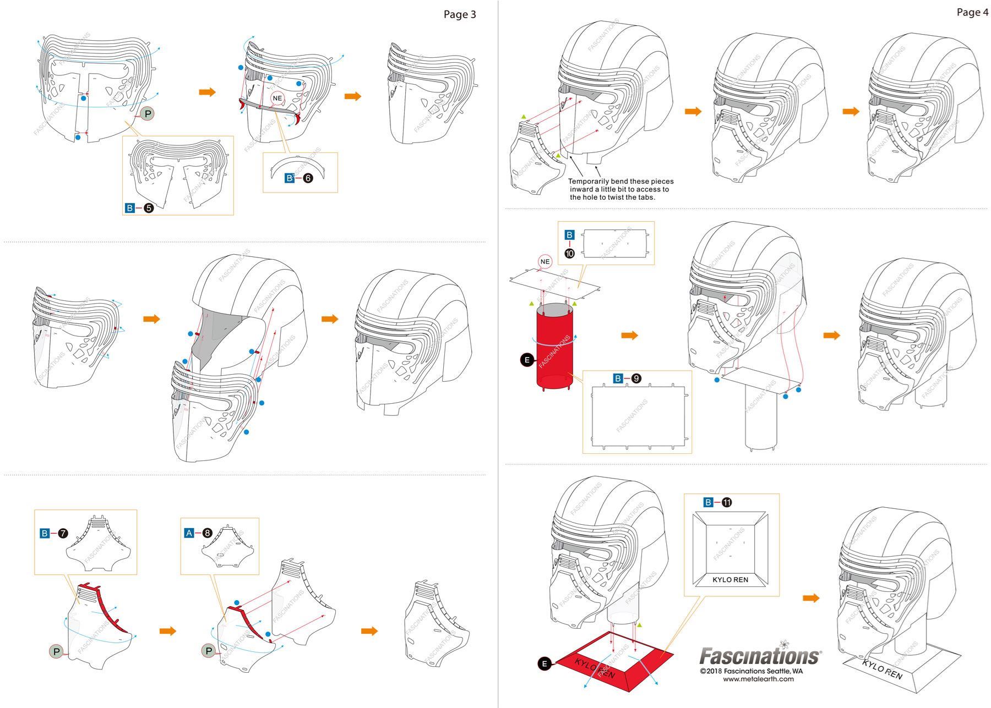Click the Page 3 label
click(x=459, y=15)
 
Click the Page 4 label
click(x=972, y=13)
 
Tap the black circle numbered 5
click(x=148, y=208)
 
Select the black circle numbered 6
click(x=308, y=178)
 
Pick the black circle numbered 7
click(x=63, y=533)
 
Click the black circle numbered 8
click(x=207, y=533)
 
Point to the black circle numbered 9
click(x=636, y=378)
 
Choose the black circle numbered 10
click(x=569, y=253)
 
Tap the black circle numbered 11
click(x=727, y=502)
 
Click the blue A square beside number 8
click(x=189, y=533)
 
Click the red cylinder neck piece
click(x=554, y=347)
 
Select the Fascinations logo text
click(x=760, y=656)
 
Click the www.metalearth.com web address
click(x=758, y=679)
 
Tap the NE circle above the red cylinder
click(x=545, y=261)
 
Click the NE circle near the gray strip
click(x=277, y=98)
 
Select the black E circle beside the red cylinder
click(x=527, y=360)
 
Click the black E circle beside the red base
click(x=544, y=664)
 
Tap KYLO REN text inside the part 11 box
click(x=730, y=580)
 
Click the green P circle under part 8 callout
click(x=209, y=651)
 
